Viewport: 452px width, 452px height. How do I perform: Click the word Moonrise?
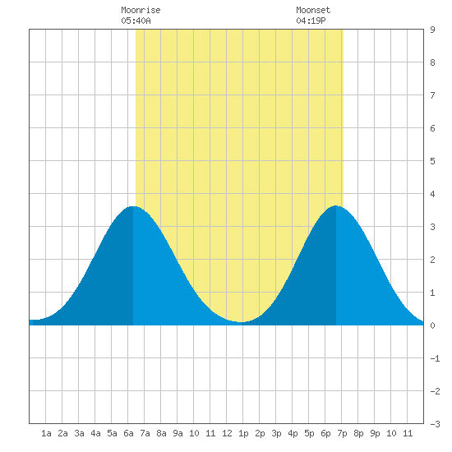pyautogui.click(x=141, y=10)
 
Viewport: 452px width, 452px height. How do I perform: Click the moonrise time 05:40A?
pyautogui.click(x=136, y=21)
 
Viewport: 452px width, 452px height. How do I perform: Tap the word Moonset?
pyautogui.click(x=313, y=10)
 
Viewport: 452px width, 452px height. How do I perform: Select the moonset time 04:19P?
pyautogui.click(x=311, y=21)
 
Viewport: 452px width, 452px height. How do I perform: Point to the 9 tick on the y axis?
pyautogui.click(x=432, y=30)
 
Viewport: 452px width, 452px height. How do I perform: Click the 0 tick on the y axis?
pyautogui.click(x=432, y=325)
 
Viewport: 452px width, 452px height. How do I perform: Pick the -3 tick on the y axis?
pyautogui.click(x=435, y=424)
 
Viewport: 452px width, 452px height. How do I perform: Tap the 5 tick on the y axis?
pyautogui.click(x=432, y=161)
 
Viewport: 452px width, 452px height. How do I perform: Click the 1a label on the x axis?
pyautogui.click(x=46, y=433)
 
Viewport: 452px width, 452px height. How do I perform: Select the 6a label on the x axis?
pyautogui.click(x=128, y=433)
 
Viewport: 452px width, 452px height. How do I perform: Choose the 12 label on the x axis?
pyautogui.click(x=227, y=433)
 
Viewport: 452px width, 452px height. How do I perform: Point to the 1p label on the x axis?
pyautogui.click(x=243, y=433)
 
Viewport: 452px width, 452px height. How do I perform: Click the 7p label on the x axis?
pyautogui.click(x=342, y=433)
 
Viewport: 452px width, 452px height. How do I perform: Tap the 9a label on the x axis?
pyautogui.click(x=178, y=433)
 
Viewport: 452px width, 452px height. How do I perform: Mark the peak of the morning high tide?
pyautogui.click(x=132, y=206)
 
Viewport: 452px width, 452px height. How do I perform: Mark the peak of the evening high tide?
pyautogui.click(x=336, y=205)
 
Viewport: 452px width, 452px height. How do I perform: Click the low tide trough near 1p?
pyautogui.click(x=241, y=322)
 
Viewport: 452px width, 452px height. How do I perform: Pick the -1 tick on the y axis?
pyautogui.click(x=435, y=358)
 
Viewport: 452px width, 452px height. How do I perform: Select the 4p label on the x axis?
pyautogui.click(x=293, y=433)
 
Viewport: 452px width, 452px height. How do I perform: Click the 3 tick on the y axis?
pyautogui.click(x=432, y=227)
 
